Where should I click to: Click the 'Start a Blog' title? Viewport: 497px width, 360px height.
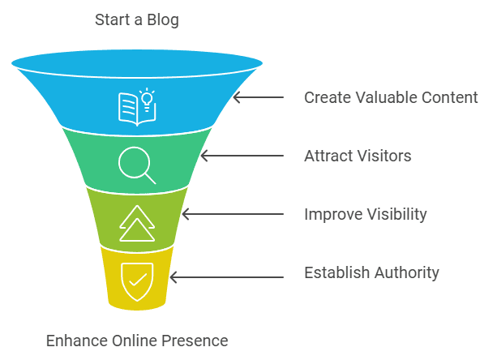[x=136, y=20]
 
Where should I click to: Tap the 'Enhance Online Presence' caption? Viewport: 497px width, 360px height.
[x=136, y=340]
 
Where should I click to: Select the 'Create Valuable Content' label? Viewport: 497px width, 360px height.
[x=391, y=97]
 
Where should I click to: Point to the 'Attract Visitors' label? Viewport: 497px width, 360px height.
[x=358, y=156]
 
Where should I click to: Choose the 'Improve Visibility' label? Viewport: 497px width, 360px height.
[x=365, y=214]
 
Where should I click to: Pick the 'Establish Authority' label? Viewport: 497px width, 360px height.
[x=371, y=272]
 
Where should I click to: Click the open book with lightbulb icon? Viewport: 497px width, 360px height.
[x=136, y=107]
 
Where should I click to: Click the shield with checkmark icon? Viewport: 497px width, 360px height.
[x=136, y=280]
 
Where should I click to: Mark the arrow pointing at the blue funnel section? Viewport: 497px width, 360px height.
[x=258, y=97]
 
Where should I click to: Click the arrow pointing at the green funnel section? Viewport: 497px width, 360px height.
[x=242, y=156]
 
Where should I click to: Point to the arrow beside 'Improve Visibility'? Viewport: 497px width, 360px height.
[x=233, y=214]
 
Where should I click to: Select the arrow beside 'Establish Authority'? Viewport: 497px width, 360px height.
[x=226, y=276]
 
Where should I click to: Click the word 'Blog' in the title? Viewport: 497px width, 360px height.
[x=163, y=20]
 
